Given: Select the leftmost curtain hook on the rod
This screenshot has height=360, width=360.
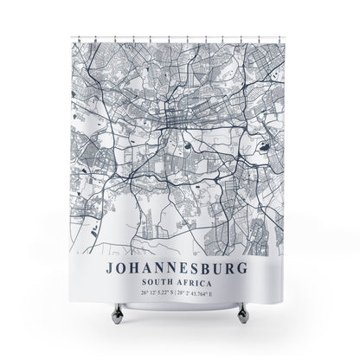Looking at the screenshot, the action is [x=80, y=39].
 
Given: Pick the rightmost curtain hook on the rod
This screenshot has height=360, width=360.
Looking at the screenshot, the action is [x=280, y=39].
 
